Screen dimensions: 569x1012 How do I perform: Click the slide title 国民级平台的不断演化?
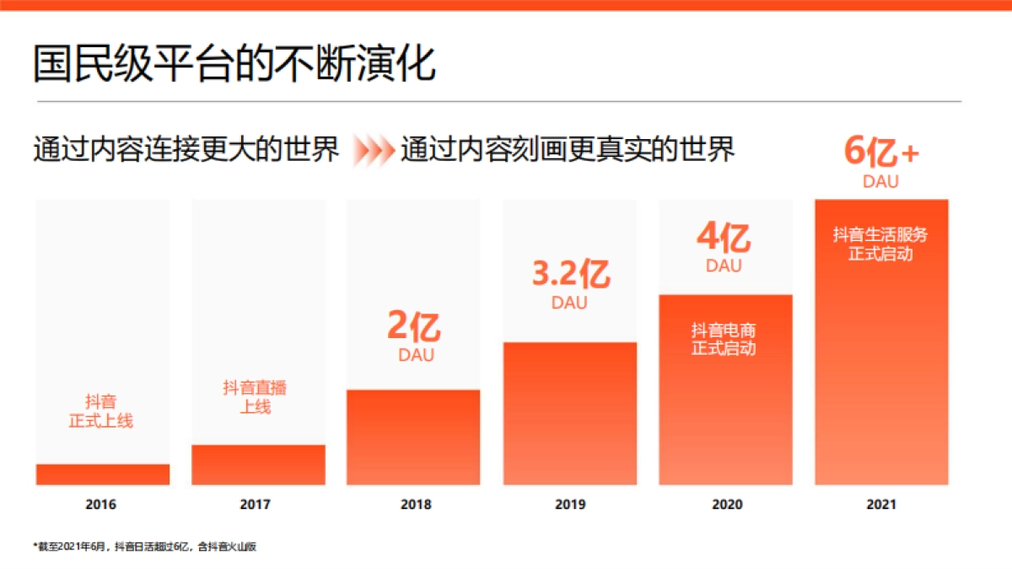tap(234, 63)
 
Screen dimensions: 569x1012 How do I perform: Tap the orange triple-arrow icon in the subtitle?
tap(373, 151)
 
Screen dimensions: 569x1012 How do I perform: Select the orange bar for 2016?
tap(102, 475)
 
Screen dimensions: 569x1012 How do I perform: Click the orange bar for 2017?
tap(258, 464)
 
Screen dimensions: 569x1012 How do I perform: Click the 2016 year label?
tap(101, 505)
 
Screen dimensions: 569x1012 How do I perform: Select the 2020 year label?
tap(727, 505)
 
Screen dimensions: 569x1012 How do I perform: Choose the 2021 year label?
tap(881, 505)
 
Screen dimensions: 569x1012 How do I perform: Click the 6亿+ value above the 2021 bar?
tap(881, 153)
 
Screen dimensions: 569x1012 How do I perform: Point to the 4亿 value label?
tap(724, 239)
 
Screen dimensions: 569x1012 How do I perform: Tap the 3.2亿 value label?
tap(570, 275)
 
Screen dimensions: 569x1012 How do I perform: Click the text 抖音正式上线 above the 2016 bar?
tap(101, 411)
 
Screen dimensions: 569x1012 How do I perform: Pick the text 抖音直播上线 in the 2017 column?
tap(255, 397)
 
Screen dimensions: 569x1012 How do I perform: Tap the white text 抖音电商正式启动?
tap(724, 339)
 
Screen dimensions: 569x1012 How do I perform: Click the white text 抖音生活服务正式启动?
tap(880, 244)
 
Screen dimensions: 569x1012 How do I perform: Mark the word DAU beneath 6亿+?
tap(880, 181)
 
